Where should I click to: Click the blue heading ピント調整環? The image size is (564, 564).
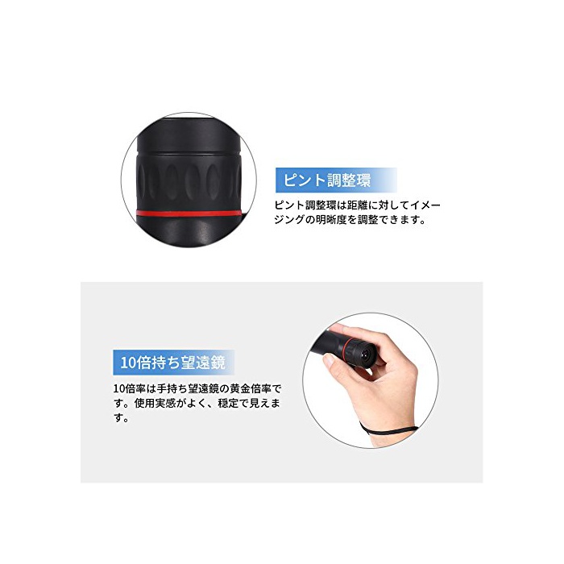click(326, 180)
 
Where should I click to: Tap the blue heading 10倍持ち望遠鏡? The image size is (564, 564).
click(172, 363)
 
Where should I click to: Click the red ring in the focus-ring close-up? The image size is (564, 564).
click(189, 213)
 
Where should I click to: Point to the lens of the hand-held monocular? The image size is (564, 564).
click(367, 355)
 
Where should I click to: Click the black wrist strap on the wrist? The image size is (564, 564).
click(388, 430)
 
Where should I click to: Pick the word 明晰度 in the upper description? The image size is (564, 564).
click(331, 219)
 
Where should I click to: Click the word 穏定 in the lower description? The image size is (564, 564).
click(228, 403)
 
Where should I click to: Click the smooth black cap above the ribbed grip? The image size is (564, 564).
click(189, 135)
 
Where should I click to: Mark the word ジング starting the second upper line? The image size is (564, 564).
click(289, 219)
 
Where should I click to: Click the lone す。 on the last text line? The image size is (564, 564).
click(121, 418)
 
